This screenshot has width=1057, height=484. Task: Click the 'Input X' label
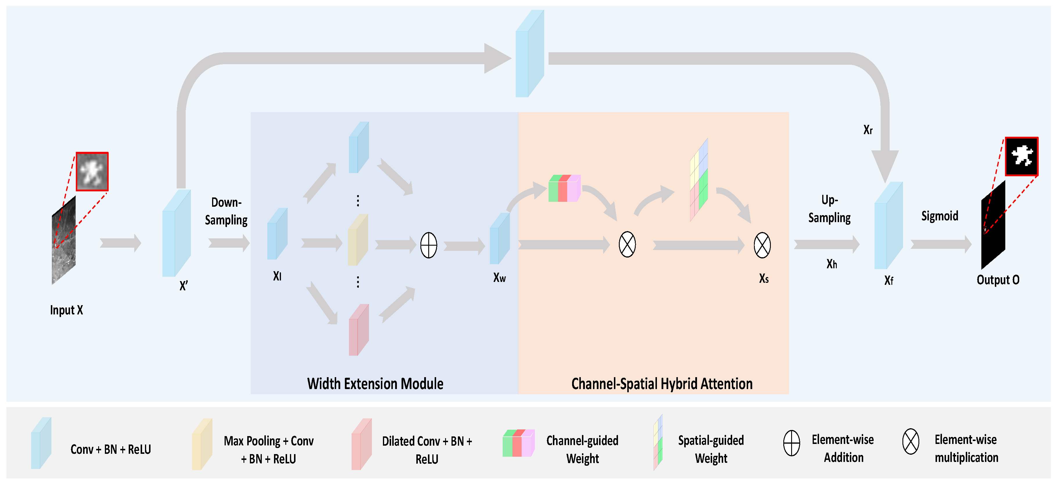67,310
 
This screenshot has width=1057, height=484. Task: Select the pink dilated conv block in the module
359,330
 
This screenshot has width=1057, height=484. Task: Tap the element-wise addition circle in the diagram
429,245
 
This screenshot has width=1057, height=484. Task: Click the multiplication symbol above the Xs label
762,245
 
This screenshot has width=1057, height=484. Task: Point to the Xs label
764,279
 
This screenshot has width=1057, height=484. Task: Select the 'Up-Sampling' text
829,209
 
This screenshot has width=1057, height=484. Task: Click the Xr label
868,130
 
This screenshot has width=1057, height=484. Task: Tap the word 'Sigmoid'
940,216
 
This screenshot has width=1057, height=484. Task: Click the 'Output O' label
998,280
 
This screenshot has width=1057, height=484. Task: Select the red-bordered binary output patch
1021,156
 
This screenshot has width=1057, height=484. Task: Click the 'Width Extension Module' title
375,384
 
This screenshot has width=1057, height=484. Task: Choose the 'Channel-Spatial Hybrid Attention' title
662,384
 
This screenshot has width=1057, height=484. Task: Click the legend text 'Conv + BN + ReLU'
111,449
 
